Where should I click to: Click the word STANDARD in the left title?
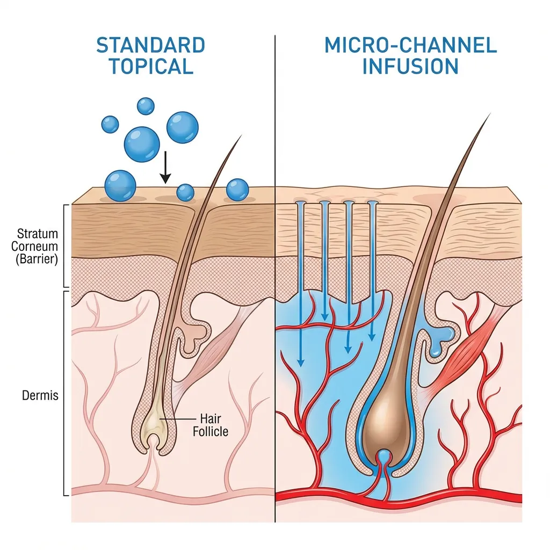point(150,45)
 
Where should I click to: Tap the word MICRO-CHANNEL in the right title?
point(411,45)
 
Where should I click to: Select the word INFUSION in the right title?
point(411,67)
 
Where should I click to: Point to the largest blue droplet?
point(142,143)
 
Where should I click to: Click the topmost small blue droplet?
point(146,106)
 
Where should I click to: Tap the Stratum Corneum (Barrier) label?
point(38,245)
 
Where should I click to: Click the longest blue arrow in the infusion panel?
point(300,285)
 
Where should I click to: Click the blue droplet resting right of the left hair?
point(237,190)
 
